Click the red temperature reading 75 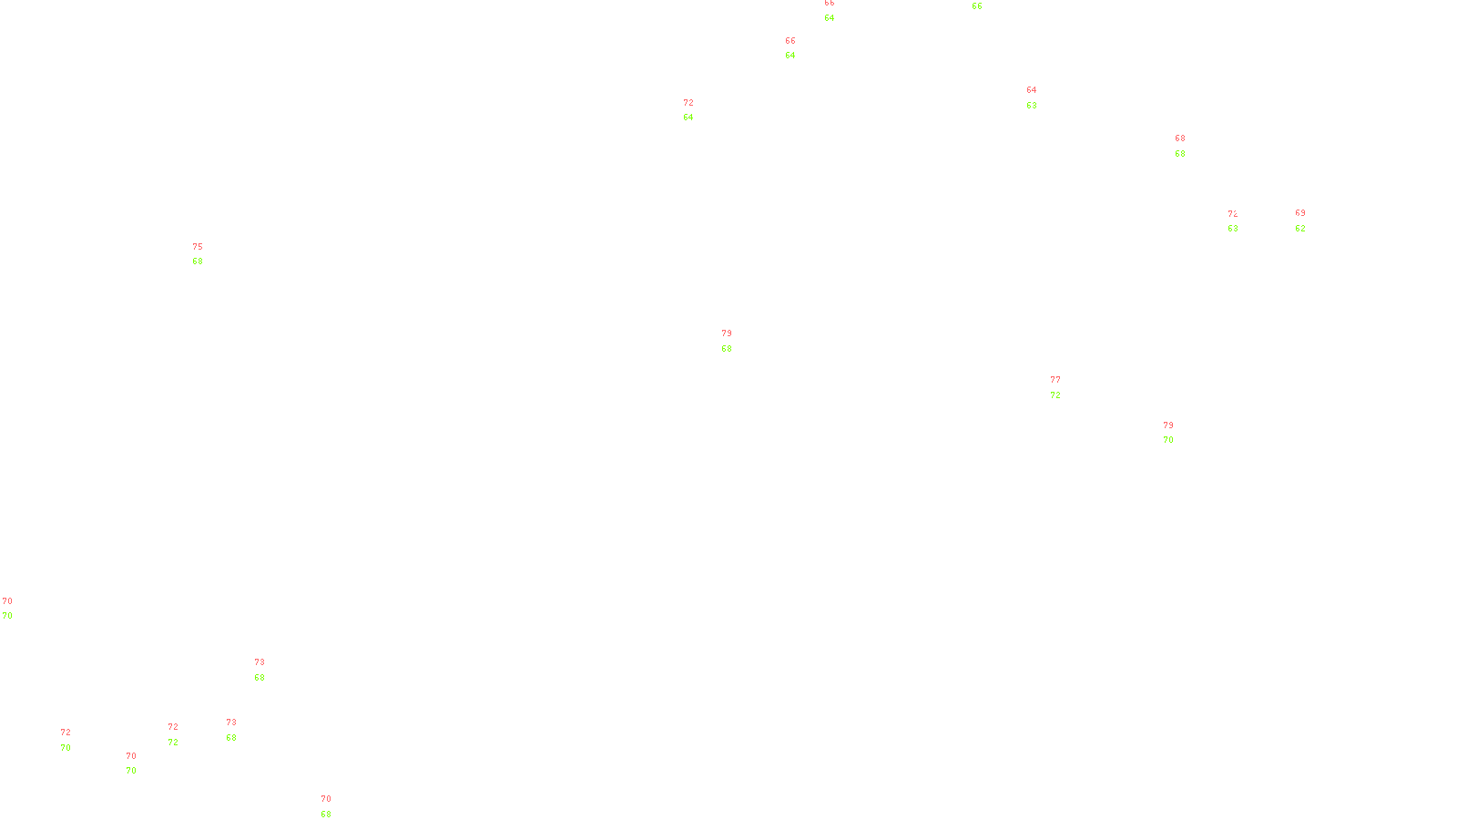pos(198,247)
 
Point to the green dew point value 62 pos(1300,229)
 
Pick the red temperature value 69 pos(1300,213)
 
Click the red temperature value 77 pos(1055,380)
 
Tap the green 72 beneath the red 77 pos(1055,395)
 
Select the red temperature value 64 pos(1032,90)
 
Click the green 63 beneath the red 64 pos(1032,106)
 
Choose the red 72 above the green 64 pos(688,103)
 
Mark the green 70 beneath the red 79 pos(1168,440)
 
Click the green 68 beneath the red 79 pos(727,349)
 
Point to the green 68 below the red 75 pos(198,261)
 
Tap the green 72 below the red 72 pos(173,743)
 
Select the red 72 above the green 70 pos(66,733)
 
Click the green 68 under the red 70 pos(326,815)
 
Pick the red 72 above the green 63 pos(1232,214)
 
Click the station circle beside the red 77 pos(1064,388)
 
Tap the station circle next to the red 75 pos(207,254)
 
